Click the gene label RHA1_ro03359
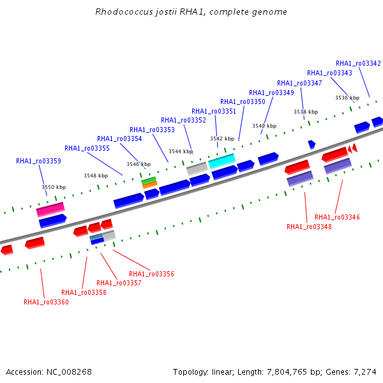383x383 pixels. [38, 161]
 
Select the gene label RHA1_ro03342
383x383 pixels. [358, 63]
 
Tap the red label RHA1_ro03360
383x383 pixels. [46, 302]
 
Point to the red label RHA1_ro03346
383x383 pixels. [337, 217]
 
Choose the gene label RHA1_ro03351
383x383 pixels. [214, 111]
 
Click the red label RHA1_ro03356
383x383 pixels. [151, 274]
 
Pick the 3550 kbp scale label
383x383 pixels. [54, 187]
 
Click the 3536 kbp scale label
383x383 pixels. [347, 98]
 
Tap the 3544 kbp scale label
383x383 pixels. [181, 151]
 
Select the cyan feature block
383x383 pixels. [222, 161]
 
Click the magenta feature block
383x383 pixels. [50, 209]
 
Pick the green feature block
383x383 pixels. [149, 181]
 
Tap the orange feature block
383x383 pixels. [150, 185]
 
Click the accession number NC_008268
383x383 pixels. [69, 372]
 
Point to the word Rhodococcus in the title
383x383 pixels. [124, 11]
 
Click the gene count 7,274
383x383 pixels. [365, 372]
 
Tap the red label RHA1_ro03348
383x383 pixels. [309, 227]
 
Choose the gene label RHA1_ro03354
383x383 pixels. [119, 139]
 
